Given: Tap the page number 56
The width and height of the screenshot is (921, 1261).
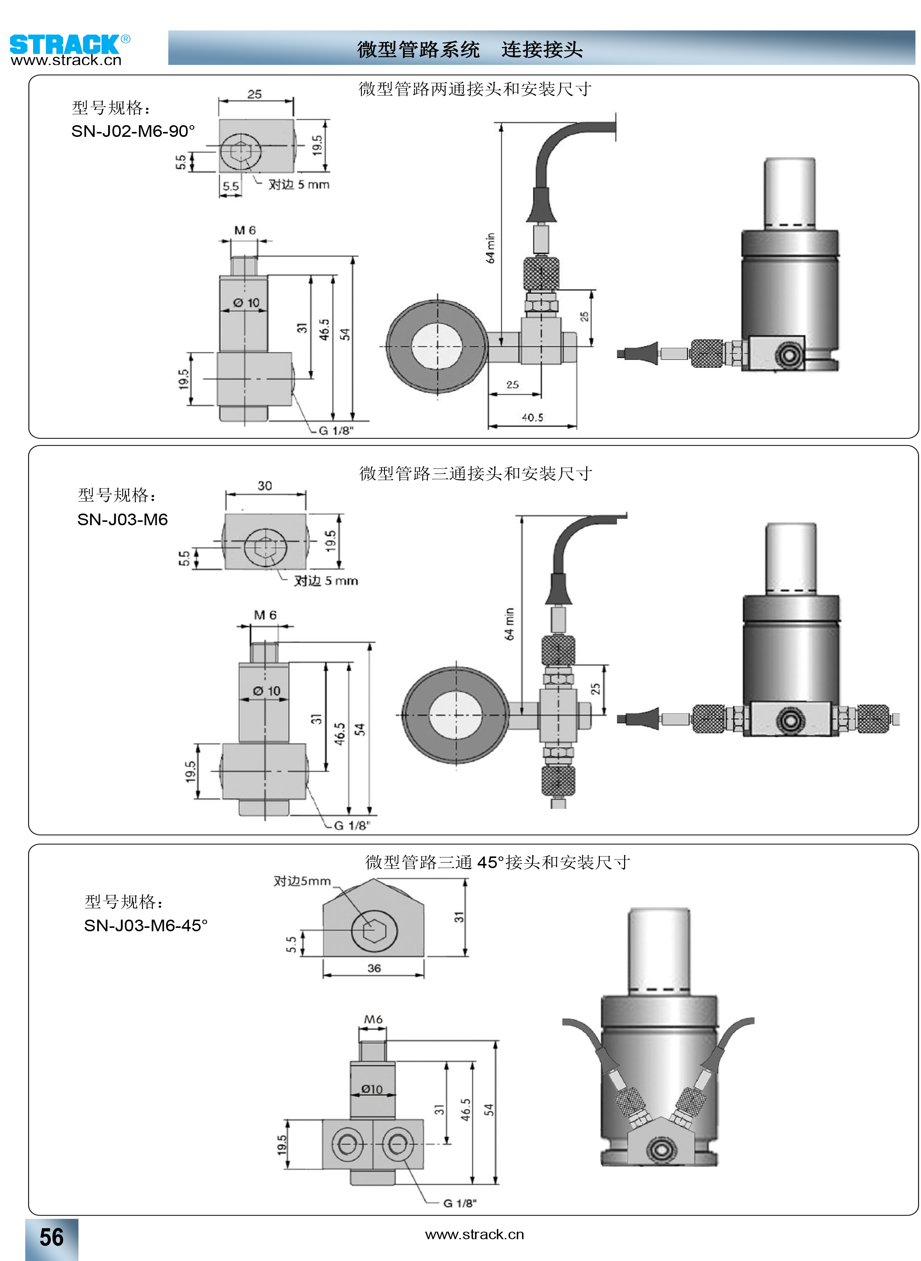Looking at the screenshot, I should click(x=51, y=1237).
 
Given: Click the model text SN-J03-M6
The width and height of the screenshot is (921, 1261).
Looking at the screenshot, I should click(x=122, y=520).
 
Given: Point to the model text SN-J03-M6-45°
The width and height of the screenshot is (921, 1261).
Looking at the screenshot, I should click(x=145, y=925).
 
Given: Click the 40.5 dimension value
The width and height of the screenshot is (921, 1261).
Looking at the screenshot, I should click(x=532, y=418).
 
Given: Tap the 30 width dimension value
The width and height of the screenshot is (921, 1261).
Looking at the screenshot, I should click(x=265, y=485).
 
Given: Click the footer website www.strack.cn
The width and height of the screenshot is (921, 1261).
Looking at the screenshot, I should click(x=474, y=1235).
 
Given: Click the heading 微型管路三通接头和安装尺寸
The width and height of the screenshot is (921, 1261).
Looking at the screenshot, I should click(x=475, y=474).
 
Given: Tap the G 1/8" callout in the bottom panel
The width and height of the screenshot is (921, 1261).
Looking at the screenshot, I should click(x=460, y=1203).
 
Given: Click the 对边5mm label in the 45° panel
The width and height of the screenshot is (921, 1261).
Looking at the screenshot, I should click(x=301, y=881).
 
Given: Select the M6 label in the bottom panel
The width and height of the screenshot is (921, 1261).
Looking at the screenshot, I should click(x=373, y=1020).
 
